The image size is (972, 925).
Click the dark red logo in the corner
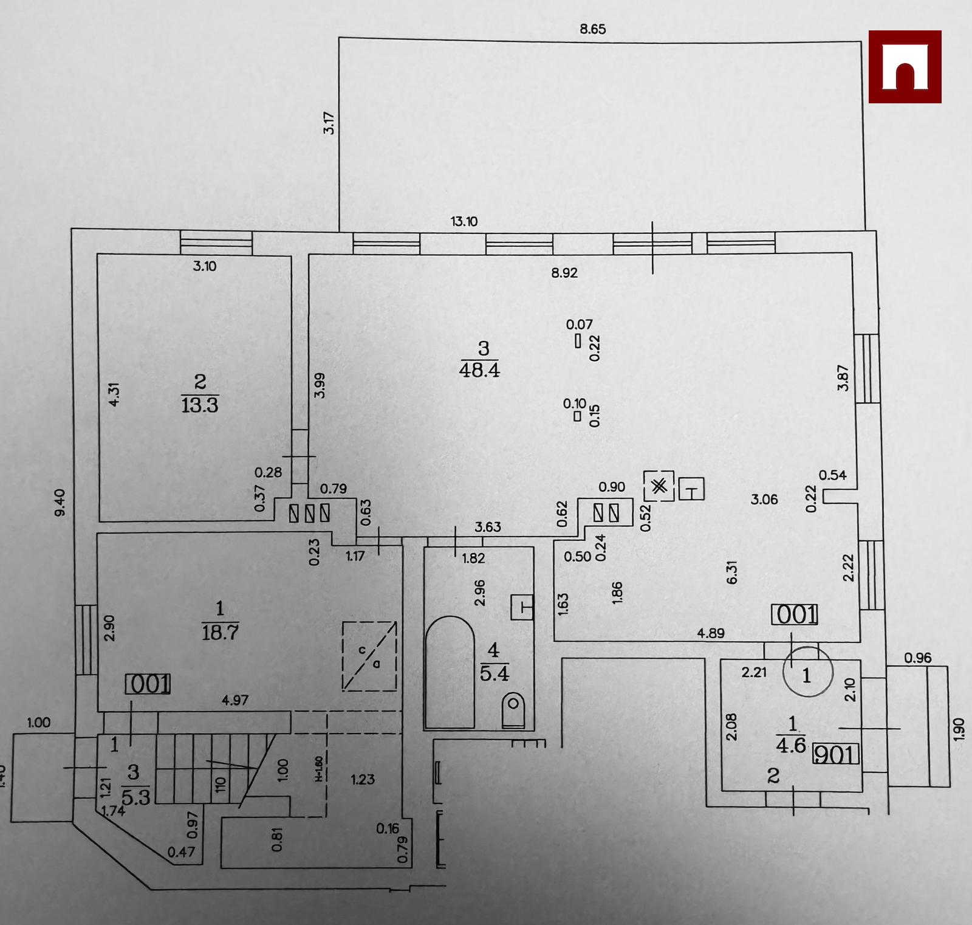905,66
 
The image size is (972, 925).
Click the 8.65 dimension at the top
592,29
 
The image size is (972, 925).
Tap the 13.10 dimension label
464,221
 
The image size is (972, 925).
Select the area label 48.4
479,370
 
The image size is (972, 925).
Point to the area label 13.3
200,404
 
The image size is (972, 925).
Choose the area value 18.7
220,632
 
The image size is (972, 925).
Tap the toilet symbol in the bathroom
513,710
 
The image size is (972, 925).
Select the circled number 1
807,675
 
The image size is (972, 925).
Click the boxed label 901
836,754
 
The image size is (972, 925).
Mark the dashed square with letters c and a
369,656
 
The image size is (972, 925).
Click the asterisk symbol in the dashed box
659,486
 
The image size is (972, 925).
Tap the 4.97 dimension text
234,700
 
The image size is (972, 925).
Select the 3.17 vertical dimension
329,123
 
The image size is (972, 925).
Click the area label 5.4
495,673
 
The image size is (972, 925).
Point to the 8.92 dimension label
564,273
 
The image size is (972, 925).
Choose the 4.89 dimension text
710,633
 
